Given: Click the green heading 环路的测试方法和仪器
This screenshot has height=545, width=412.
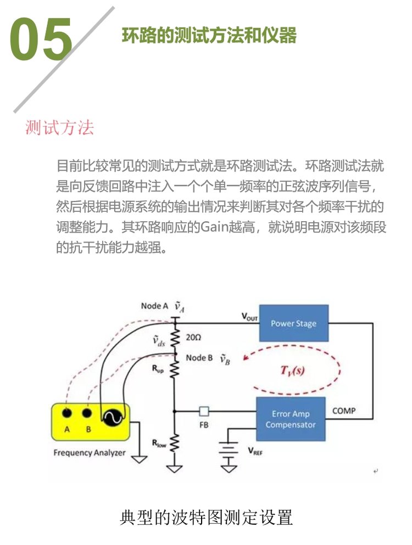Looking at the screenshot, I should click(209, 36).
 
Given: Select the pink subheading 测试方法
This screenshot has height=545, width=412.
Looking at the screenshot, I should click(60, 127).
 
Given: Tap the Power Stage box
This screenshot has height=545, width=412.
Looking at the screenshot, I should click(293, 324).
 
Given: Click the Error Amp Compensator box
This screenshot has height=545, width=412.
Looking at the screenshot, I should click(291, 420).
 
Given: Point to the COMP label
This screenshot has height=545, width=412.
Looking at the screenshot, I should click(344, 411).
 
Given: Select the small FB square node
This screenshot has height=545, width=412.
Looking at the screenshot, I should click(204, 411).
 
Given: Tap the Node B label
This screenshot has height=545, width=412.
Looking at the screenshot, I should click(199, 358).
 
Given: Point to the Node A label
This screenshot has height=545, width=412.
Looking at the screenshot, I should click(154, 306).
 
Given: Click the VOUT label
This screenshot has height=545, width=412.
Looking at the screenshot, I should click(249, 317).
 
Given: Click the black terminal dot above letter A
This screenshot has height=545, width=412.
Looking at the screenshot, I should click(67, 413).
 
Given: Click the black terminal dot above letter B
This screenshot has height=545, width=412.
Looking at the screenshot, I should click(87, 413).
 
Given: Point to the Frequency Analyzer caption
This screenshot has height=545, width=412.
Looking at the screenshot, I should click(90, 453).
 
